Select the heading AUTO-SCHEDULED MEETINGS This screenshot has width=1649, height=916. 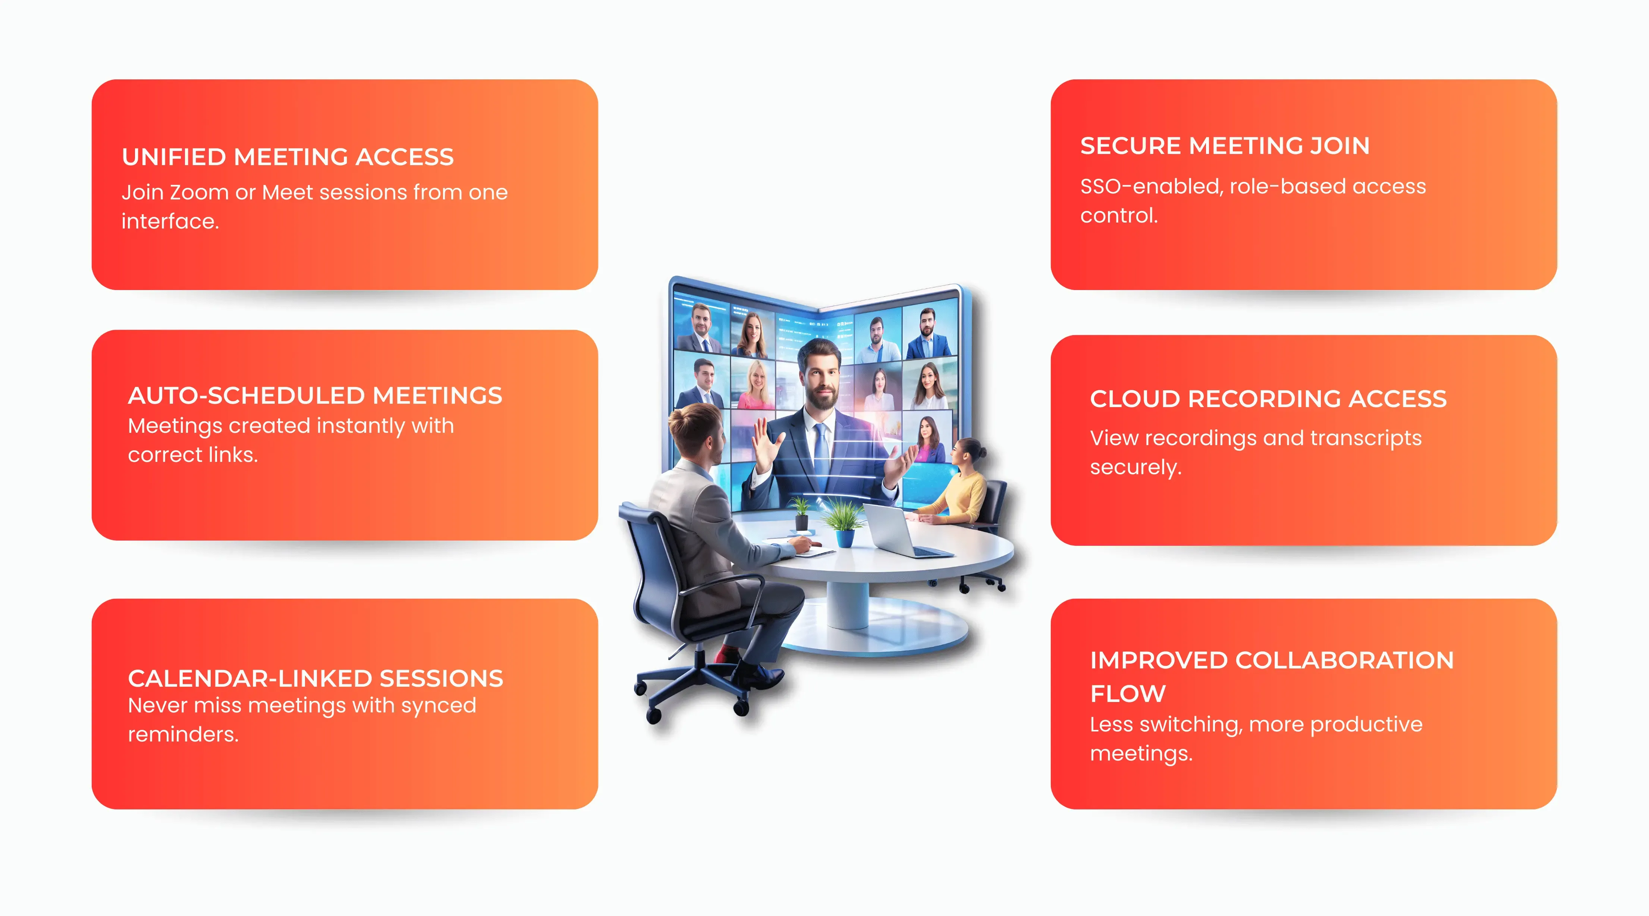pos(315,396)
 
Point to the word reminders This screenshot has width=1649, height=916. pos(183,734)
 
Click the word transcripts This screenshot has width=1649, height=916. pos(1366,438)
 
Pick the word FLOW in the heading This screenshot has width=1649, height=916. pos(1128,694)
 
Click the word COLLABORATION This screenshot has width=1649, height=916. pos(1344,661)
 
